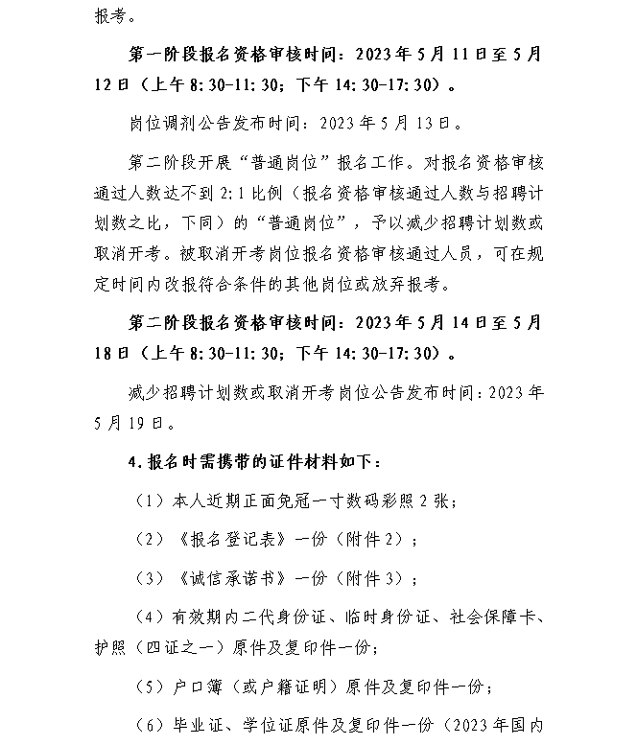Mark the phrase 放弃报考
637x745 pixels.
click(426, 285)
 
